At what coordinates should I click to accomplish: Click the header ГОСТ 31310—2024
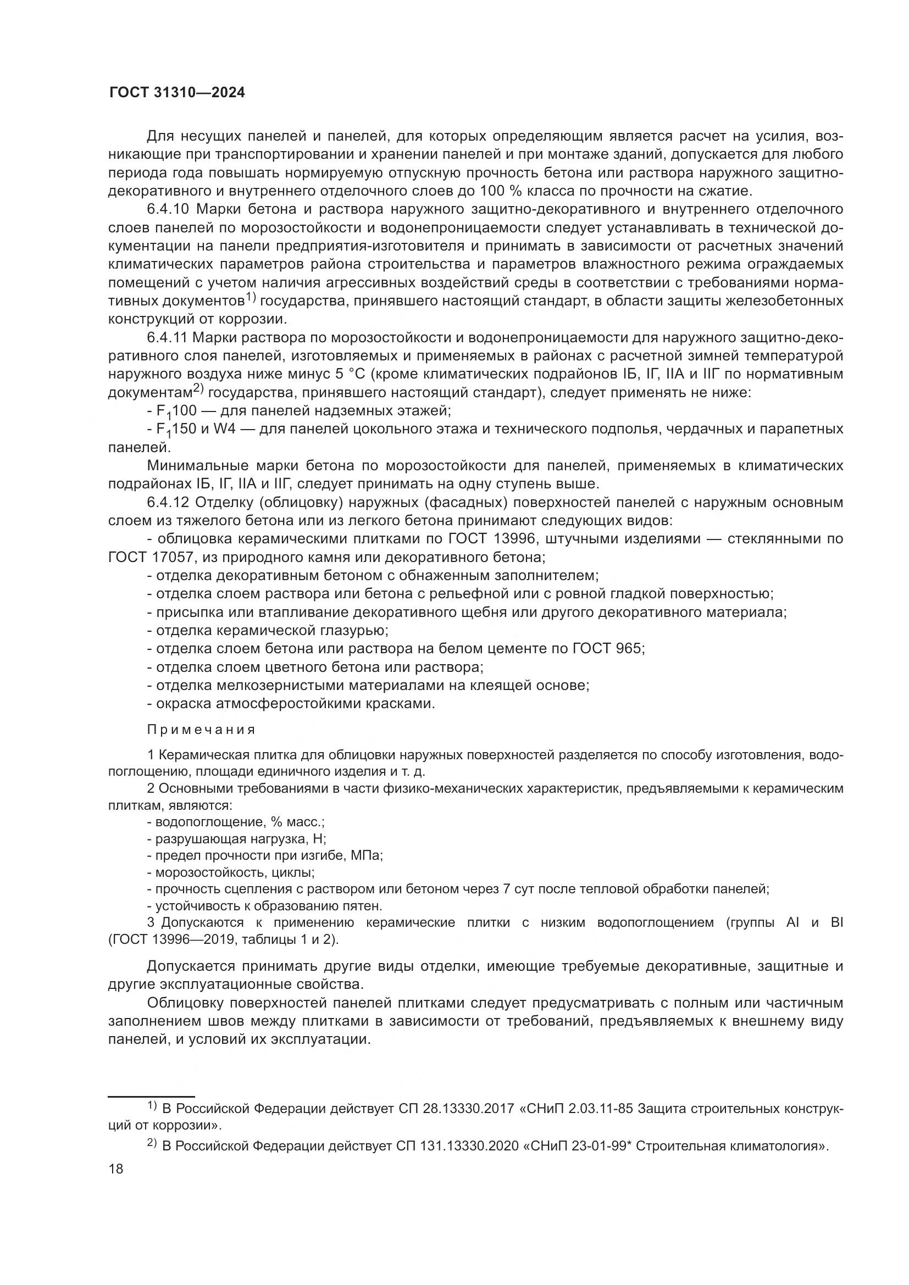click(176, 93)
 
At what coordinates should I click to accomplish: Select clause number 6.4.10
click(169, 210)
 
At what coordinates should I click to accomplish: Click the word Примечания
click(202, 730)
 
